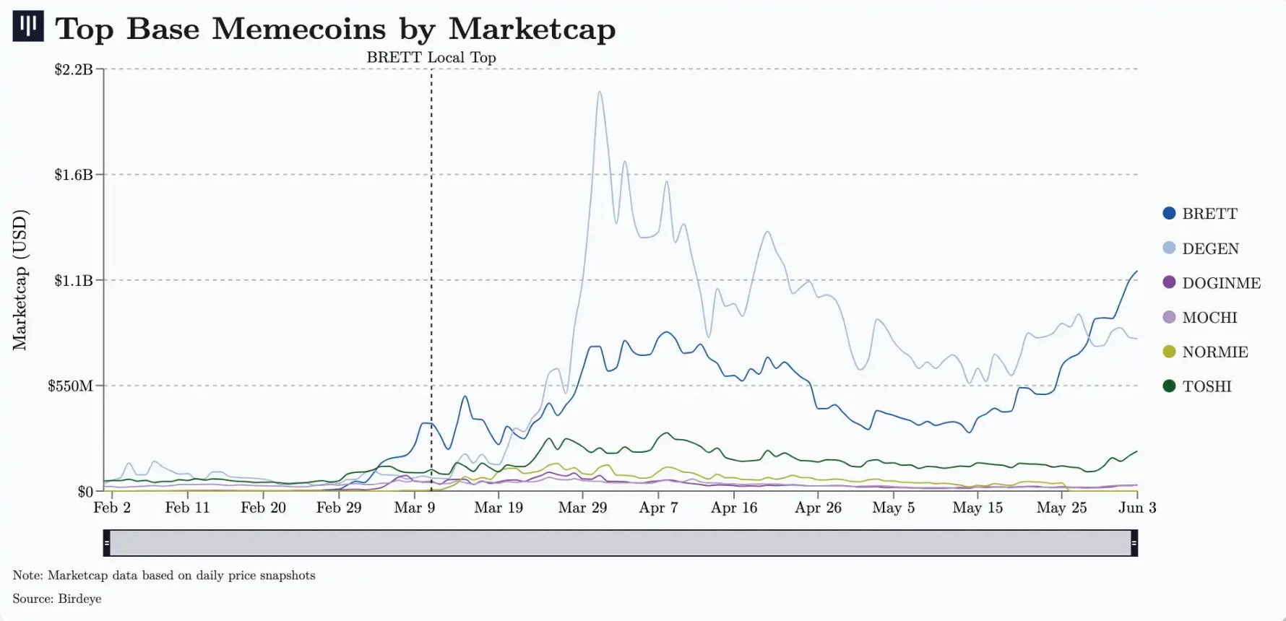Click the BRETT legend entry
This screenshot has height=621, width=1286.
1209,214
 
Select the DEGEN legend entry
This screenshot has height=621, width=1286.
1209,248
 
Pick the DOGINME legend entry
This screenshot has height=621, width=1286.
1220,283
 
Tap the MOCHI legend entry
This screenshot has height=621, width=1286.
1209,318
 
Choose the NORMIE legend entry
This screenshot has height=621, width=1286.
1214,352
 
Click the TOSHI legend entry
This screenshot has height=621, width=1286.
1206,386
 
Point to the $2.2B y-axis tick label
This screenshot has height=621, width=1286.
74,69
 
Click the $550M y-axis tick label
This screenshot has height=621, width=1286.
71,386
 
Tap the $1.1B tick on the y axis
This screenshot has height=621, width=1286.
74,280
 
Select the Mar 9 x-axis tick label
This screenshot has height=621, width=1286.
415,508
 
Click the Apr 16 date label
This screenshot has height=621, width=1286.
734,508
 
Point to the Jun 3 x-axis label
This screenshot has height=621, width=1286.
1137,508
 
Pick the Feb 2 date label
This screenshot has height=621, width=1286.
112,508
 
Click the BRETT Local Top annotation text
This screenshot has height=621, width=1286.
431,58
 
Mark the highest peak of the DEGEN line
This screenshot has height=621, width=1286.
600,92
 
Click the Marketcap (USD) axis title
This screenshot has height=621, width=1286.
20,280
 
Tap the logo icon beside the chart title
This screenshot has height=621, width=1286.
28,26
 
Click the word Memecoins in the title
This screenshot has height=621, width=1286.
299,29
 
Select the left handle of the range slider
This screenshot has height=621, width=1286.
107,543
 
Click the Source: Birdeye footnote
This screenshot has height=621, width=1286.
57,599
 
